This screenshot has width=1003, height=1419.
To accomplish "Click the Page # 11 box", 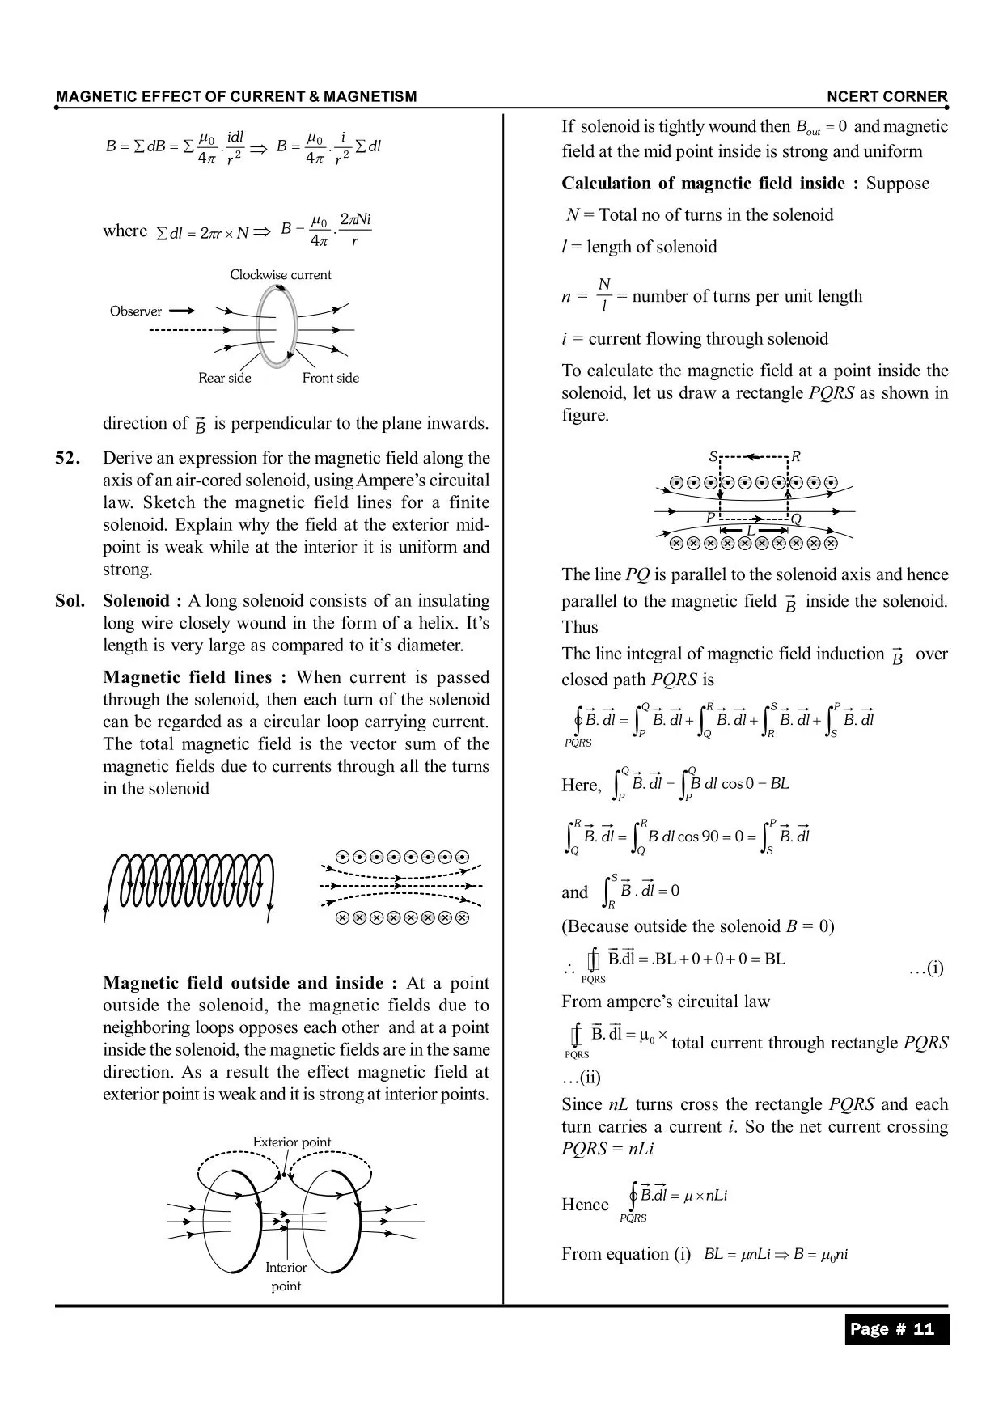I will point(896,1329).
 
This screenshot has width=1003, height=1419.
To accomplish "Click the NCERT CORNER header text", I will point(887,97).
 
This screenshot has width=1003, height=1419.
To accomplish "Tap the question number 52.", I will point(68,459).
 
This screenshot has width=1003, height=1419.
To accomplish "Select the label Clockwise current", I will point(280,275).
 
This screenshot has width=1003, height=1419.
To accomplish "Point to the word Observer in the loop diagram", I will point(136,311).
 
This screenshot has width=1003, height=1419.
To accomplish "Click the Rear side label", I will point(225,378).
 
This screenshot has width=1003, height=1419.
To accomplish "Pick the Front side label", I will point(330,378).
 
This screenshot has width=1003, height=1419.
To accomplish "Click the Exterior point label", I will point(291,1142).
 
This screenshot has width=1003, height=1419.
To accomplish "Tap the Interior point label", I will point(286,1277).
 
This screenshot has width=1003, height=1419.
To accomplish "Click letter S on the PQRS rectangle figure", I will point(713,457).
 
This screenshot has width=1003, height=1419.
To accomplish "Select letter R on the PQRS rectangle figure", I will point(796,457).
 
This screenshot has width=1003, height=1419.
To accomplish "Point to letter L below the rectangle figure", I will point(750,531).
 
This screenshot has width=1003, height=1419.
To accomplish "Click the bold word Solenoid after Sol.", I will point(136,601).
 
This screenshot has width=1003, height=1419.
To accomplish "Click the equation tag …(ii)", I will point(581,1078).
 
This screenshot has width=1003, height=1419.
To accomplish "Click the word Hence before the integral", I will point(585,1205).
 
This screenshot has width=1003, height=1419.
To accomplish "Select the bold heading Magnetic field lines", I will point(194,677).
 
